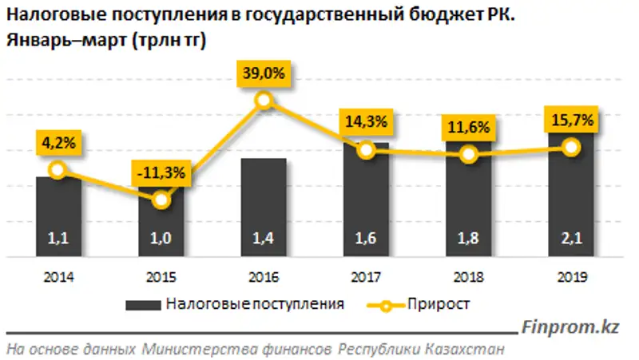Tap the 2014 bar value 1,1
[58, 237]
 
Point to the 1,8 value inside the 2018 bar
[468, 237]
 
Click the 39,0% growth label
[264, 73]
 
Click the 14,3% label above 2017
[367, 122]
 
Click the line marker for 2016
[264, 101]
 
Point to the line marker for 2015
[161, 200]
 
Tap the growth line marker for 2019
[571, 147]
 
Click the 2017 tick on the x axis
[366, 278]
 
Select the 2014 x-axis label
[58, 278]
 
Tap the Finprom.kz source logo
[570, 327]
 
